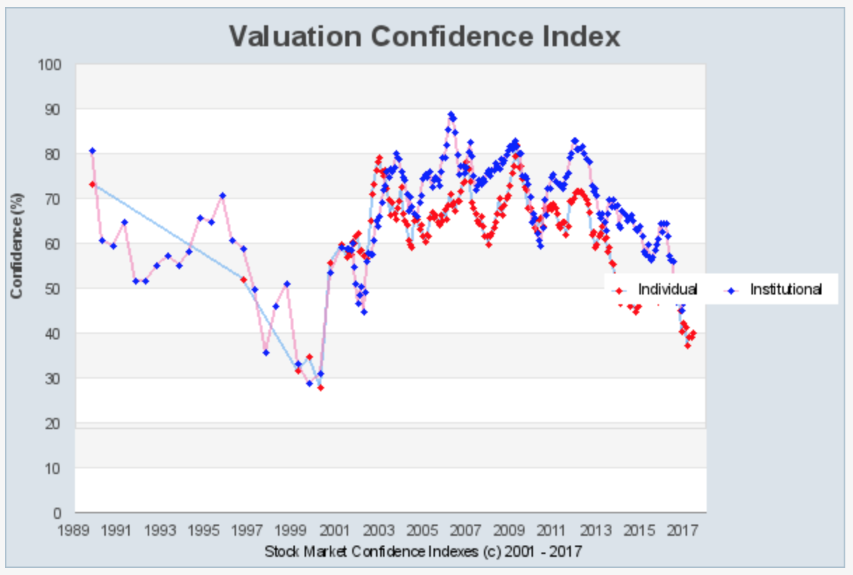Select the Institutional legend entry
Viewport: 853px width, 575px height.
click(785, 289)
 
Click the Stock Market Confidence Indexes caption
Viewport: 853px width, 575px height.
click(422, 551)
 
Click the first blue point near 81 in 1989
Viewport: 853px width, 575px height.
click(92, 151)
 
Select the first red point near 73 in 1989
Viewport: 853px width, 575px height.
click(92, 184)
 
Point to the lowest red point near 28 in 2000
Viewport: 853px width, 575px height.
click(321, 387)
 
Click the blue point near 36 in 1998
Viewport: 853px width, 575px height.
click(266, 352)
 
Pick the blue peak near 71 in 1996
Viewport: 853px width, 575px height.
click(223, 196)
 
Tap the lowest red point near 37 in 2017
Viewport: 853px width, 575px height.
click(688, 345)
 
